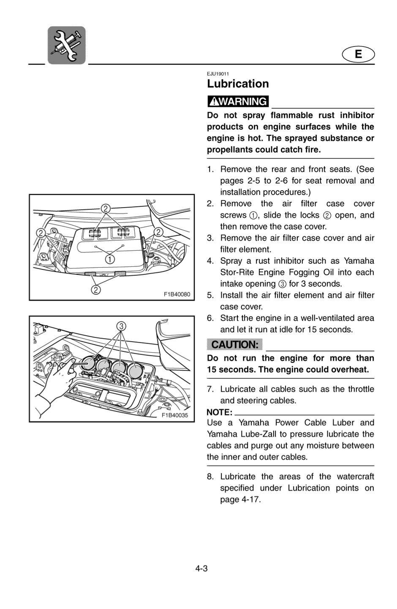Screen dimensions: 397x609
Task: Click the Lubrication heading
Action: point(238,84)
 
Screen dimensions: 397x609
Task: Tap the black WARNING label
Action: point(238,101)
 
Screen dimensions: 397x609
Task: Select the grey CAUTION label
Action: point(235,344)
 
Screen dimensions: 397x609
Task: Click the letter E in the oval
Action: point(358,55)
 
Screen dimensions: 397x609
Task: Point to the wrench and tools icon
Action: point(67,45)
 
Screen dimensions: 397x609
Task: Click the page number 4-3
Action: point(201,568)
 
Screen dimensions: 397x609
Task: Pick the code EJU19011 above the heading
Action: point(218,74)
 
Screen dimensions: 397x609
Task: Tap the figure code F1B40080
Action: point(177,294)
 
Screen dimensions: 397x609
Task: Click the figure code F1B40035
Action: point(175,415)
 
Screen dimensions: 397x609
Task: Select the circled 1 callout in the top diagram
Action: point(109,259)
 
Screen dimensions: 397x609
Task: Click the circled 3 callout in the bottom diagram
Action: point(121,326)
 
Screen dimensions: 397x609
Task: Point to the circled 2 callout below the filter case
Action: point(95,290)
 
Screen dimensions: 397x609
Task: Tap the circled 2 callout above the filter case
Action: point(106,208)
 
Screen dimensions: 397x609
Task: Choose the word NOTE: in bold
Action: point(220,412)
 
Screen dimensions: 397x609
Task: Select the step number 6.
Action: point(210,318)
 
